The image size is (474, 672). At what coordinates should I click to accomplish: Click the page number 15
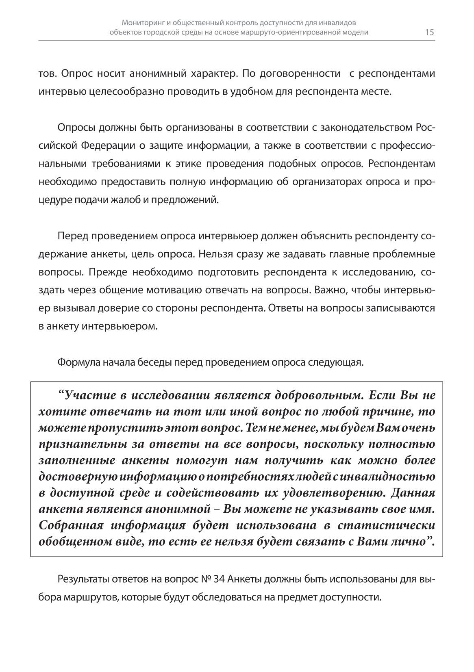[429, 33]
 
